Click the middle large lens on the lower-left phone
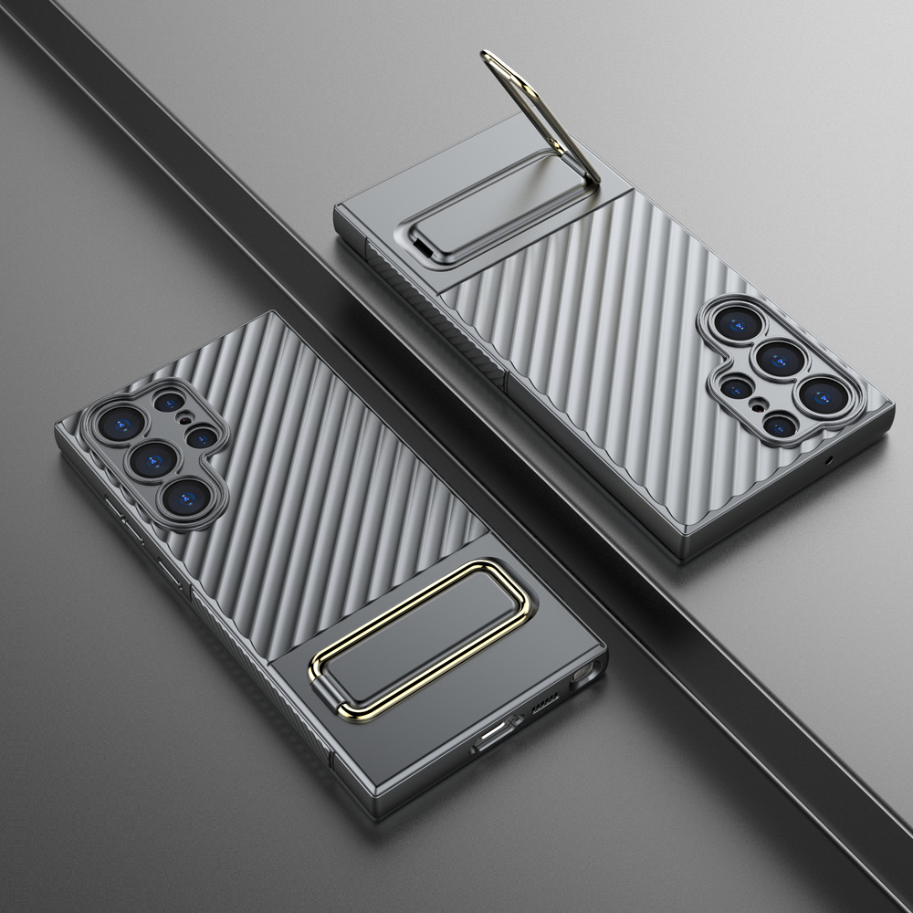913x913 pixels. click(152, 457)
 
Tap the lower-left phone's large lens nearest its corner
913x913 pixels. click(117, 423)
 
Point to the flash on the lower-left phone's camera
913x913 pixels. click(187, 419)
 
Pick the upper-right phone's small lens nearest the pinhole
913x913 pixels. click(779, 424)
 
